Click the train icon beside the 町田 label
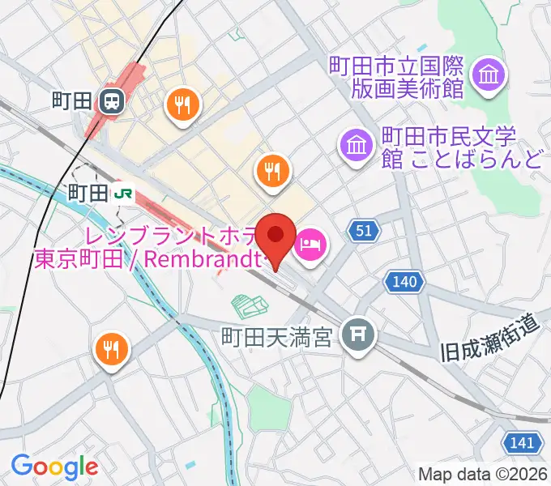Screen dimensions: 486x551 pos(112,100)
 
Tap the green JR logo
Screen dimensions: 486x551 pos(123,193)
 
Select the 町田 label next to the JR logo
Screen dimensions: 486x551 pos(88,193)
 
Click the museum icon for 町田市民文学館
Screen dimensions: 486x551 pos(357,146)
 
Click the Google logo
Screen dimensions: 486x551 pos(54,467)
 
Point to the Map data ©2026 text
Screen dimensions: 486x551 pos(483,474)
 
